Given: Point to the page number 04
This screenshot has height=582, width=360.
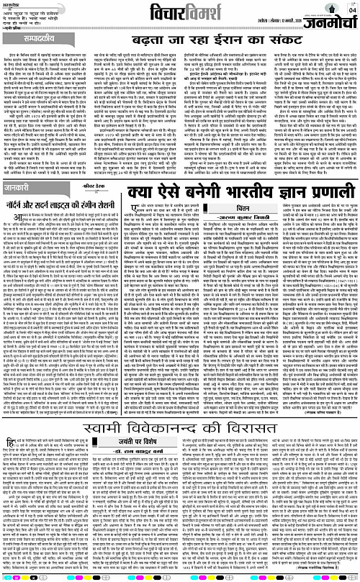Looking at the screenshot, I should (351, 9).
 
